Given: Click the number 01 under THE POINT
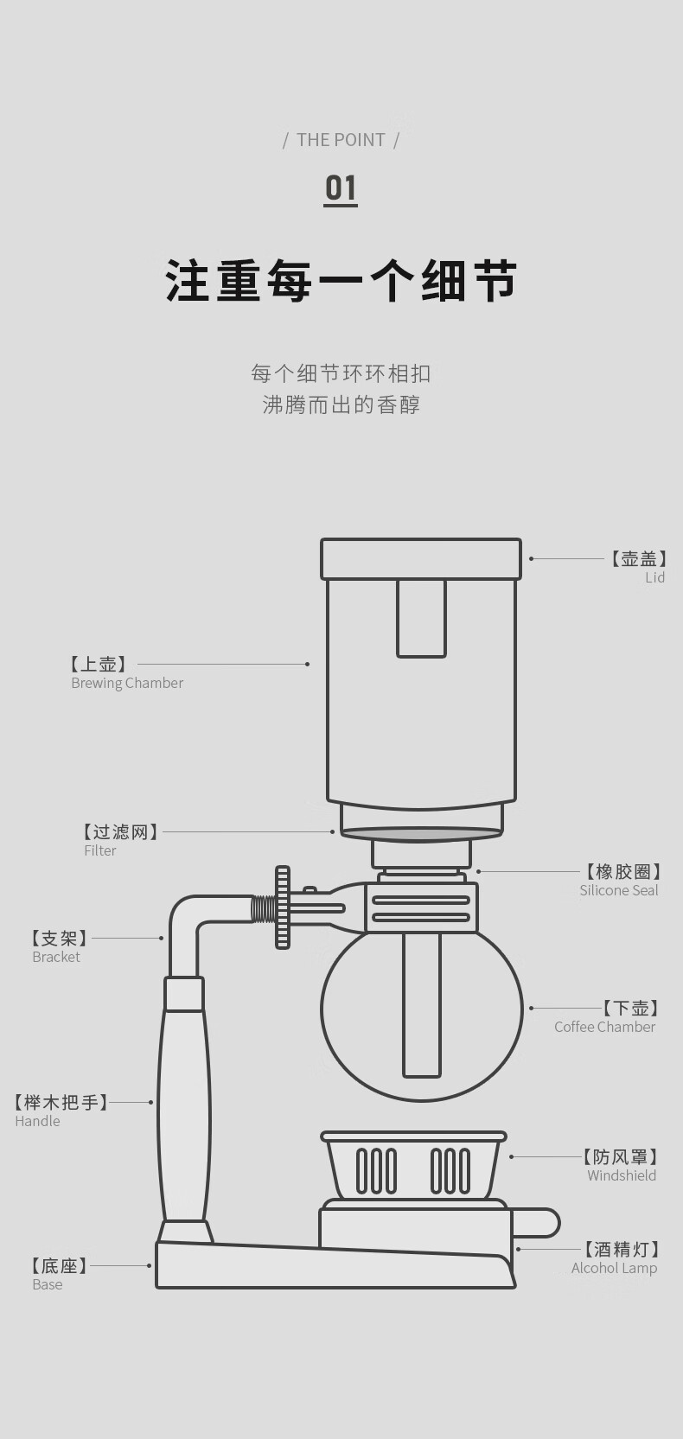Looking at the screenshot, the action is coord(341,189).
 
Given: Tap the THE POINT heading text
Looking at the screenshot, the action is coord(341,140).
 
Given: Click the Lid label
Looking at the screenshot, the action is coord(654,576).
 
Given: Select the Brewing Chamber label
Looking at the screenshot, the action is coord(127,683).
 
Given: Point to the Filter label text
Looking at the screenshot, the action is coord(100,850).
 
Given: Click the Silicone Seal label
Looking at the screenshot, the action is coord(619,890).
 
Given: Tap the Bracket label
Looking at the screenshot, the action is coord(56,958).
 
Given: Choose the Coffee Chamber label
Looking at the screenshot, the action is coord(604,1028).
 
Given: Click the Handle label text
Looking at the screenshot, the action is coord(37,1121).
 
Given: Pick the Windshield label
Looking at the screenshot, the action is coord(622,1175).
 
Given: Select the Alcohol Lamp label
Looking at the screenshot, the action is coord(614,1268).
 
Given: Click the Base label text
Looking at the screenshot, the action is coord(48,1284).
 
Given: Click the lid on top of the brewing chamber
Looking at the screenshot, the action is coord(421,559).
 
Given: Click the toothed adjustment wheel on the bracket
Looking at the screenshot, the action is coord(283,907).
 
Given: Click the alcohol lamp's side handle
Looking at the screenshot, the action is coord(537,1223).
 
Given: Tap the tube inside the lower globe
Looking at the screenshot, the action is coord(422,1005).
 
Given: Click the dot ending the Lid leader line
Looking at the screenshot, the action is coord(531,559).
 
